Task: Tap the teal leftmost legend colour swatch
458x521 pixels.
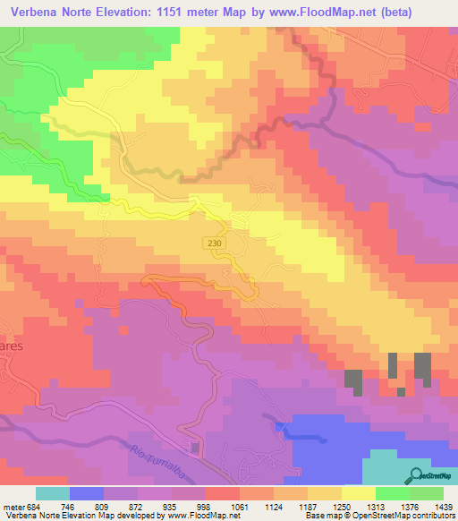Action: coord(52,493)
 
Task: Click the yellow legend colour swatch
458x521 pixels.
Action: coord(358,493)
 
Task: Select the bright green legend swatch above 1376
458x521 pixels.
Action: coord(392,493)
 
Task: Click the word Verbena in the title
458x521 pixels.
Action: coord(38,13)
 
